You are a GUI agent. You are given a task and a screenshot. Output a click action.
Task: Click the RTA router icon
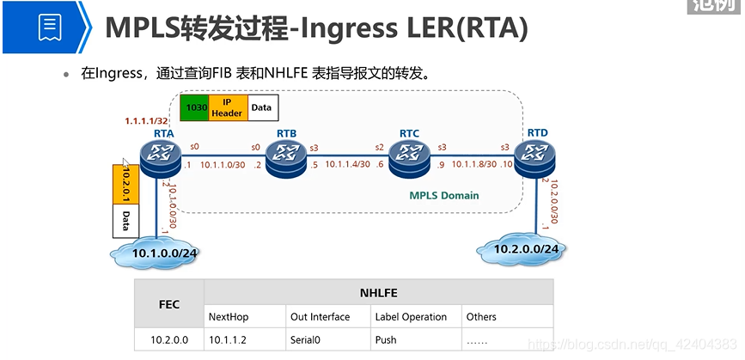(x=159, y=156)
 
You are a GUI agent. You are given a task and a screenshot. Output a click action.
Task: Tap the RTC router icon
(x=408, y=156)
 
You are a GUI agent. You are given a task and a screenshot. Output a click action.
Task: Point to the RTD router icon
(x=536, y=156)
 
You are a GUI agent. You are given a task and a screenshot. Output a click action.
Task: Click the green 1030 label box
(x=196, y=107)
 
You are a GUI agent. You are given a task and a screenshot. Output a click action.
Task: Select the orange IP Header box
(x=227, y=107)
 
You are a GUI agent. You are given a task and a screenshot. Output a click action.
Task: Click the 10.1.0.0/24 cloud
(x=164, y=253)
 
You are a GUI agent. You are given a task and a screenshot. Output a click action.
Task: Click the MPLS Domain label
(x=443, y=196)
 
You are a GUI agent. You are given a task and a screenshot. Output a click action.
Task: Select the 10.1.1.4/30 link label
(x=349, y=164)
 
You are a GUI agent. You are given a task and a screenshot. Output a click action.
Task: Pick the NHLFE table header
(x=377, y=293)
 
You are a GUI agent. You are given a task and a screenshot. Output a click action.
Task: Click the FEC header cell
(x=169, y=304)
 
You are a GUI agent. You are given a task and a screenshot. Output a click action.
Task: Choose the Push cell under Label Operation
(x=386, y=339)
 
